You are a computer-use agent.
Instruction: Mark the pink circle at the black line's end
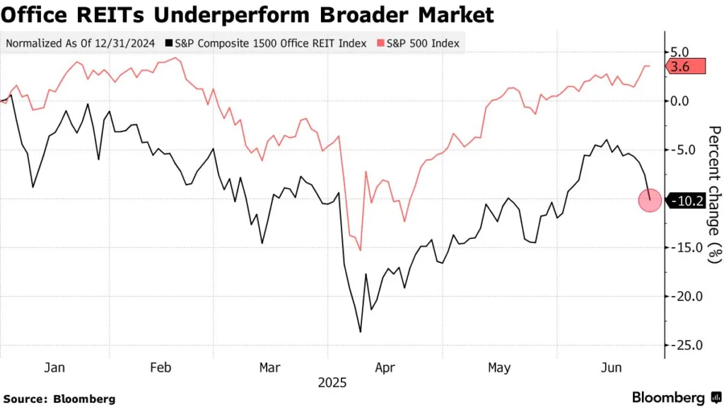[650, 201]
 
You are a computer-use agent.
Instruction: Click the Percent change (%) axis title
[715, 194]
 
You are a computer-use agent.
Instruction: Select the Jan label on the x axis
[54, 367]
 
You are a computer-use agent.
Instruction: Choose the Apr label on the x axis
[384, 367]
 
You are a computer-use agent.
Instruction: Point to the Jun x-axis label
[610, 367]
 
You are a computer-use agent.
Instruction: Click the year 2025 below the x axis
[332, 382]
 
